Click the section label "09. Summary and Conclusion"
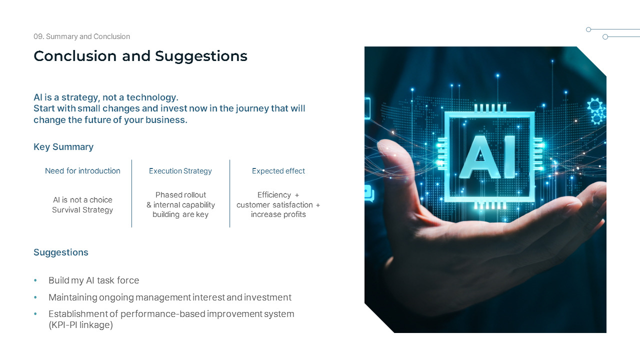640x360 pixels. [x=81, y=36]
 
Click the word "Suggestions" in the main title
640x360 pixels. [x=201, y=56]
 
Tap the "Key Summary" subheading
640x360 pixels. [x=63, y=146]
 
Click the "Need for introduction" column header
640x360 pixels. [x=82, y=171]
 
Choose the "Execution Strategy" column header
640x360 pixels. [x=180, y=171]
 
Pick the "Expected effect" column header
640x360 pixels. [x=278, y=171]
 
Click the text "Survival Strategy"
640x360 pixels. [x=82, y=210]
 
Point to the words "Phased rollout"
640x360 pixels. [x=180, y=195]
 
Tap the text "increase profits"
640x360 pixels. [x=278, y=214]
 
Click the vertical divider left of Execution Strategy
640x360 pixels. [x=131, y=193]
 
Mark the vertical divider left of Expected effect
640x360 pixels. [x=230, y=193]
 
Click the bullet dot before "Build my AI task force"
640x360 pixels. [x=35, y=281]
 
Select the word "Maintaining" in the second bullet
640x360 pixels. [x=72, y=297]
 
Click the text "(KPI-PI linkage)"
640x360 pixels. [x=80, y=325]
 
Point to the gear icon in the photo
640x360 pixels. [x=594, y=106]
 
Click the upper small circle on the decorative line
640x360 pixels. [x=588, y=29]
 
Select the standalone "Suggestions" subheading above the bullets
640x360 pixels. [x=61, y=252]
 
